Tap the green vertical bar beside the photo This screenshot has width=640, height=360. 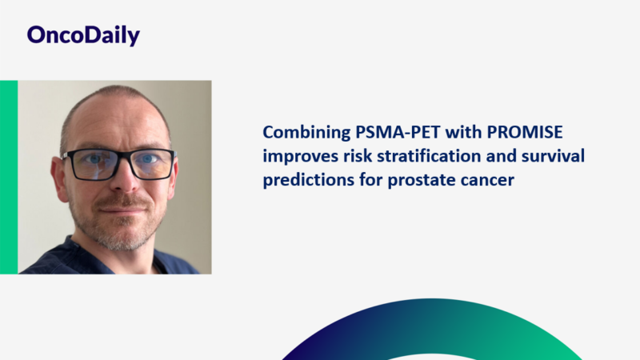9,177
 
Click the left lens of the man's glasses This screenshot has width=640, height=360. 90,165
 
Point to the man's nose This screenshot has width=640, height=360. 120,180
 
